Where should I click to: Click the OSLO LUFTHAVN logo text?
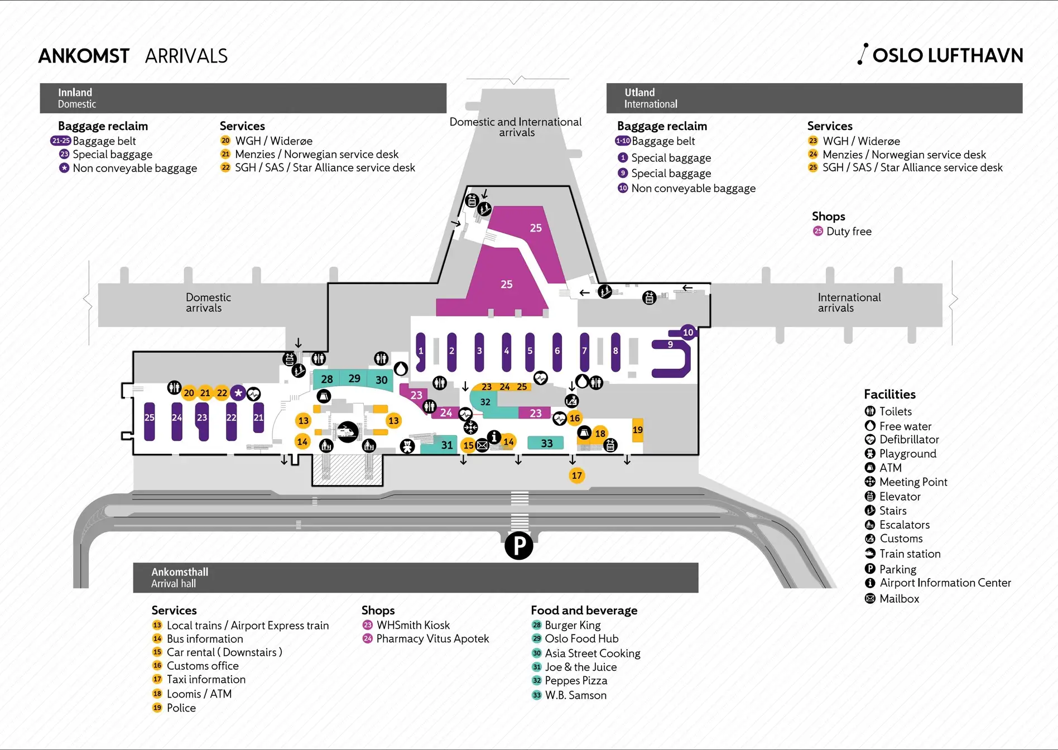click(x=947, y=55)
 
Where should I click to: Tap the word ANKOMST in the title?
click(x=84, y=56)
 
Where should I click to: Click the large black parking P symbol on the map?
click(x=519, y=545)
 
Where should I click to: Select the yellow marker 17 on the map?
click(x=576, y=475)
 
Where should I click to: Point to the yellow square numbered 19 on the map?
click(x=637, y=430)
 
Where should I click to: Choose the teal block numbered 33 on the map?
click(x=546, y=443)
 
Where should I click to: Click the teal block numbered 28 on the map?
click(x=326, y=379)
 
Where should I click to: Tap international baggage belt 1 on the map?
click(x=421, y=352)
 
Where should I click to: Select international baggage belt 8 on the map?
click(x=615, y=352)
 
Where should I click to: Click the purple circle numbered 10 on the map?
click(x=688, y=333)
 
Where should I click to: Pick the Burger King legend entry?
click(x=573, y=625)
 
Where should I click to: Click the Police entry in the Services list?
click(x=181, y=708)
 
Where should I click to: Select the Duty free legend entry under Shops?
click(x=848, y=231)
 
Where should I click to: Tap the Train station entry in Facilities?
click(x=910, y=554)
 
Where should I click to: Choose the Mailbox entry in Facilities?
click(x=899, y=599)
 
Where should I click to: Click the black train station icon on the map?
click(x=348, y=431)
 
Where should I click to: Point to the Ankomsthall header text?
click(x=180, y=572)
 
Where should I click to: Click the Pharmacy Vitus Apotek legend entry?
click(x=432, y=638)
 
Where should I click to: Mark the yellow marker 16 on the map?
click(x=575, y=418)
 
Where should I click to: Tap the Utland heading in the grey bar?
click(x=639, y=93)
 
